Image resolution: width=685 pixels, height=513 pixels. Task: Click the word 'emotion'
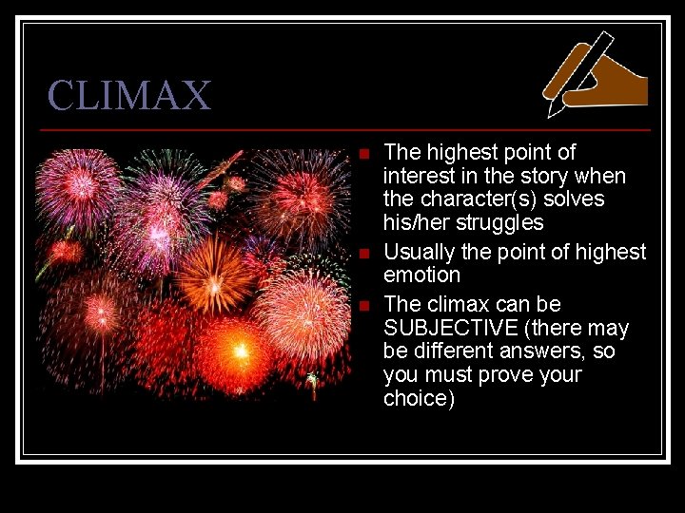click(421, 275)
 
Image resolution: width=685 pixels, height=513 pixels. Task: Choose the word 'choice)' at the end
click(419, 399)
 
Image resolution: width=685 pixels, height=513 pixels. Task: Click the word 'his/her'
click(416, 223)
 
